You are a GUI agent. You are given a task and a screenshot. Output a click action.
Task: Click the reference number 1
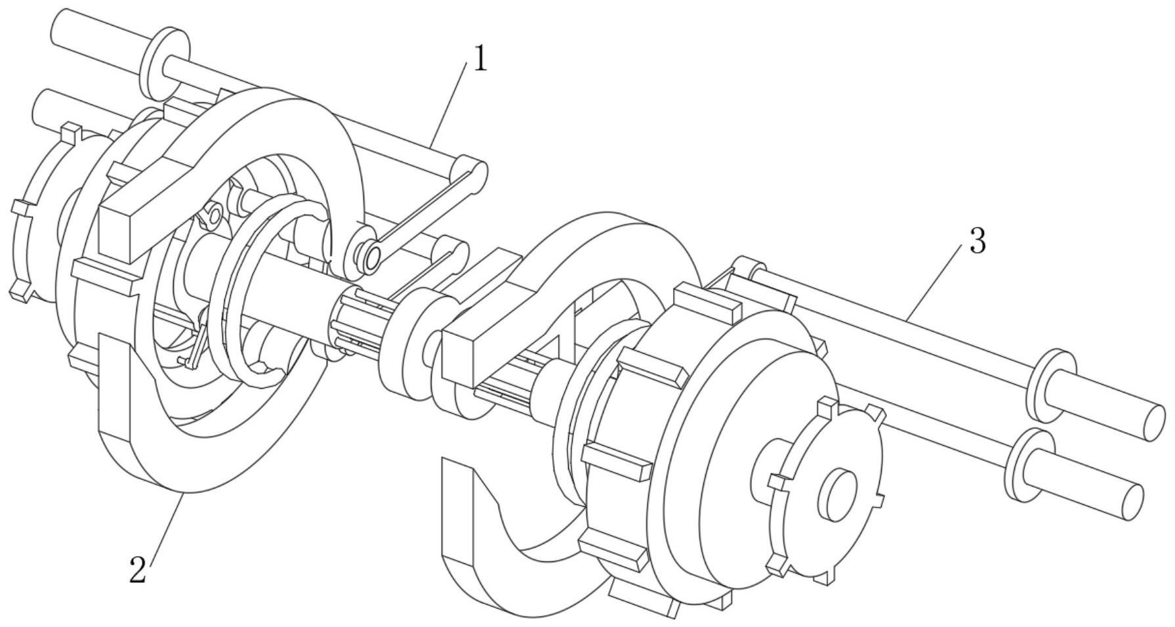click(481, 59)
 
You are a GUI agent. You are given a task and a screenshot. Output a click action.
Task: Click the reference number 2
click(138, 569)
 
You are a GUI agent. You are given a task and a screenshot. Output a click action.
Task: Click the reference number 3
click(977, 242)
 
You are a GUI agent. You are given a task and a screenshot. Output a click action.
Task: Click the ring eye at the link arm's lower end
click(372, 257)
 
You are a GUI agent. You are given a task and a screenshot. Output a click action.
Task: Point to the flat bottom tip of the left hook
click(117, 381)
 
